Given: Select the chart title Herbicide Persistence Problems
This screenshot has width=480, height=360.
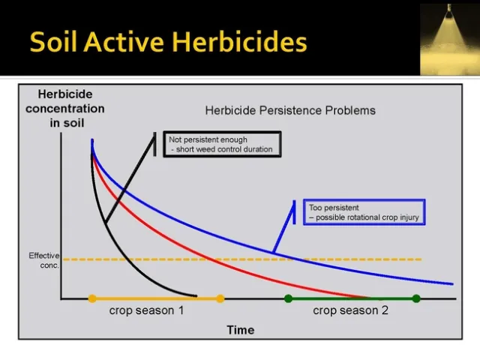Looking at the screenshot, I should [x=290, y=110].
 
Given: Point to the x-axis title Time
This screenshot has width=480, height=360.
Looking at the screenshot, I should [x=241, y=330].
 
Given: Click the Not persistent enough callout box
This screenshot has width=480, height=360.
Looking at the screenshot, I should [x=221, y=144].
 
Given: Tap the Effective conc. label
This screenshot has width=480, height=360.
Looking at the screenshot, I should [x=43, y=260].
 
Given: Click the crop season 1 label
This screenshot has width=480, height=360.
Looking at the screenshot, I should [x=146, y=310].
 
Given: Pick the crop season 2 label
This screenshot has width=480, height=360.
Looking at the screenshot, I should [x=350, y=310].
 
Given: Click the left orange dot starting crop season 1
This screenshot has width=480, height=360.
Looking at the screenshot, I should [x=92, y=298].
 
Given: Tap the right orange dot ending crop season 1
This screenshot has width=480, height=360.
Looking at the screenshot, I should [x=220, y=298].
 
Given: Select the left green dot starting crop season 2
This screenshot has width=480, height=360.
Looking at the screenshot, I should [x=288, y=298].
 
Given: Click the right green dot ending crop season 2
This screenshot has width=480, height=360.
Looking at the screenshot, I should [x=416, y=298].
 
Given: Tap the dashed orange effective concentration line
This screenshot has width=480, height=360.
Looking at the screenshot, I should [x=337, y=259].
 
